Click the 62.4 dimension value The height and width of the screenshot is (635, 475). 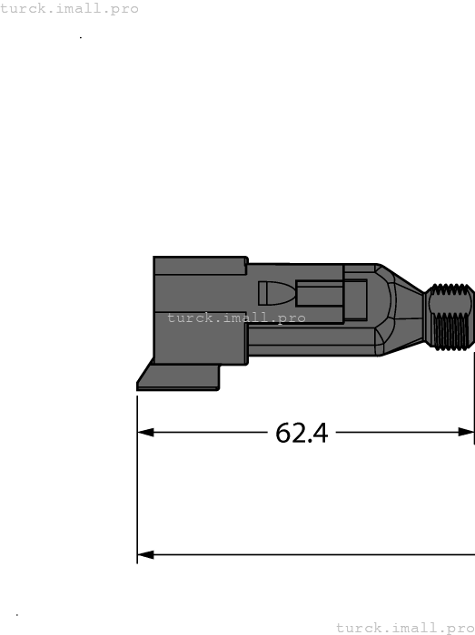[x=301, y=434]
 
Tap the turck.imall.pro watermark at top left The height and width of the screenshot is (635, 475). [x=70, y=8]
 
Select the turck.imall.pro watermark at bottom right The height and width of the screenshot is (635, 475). [x=404, y=627]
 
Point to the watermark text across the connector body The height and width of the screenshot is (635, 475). [x=236, y=318]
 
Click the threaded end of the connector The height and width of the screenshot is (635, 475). [x=450, y=317]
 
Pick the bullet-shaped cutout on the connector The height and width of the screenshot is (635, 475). [x=275, y=293]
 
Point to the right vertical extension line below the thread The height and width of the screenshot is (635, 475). [x=473, y=408]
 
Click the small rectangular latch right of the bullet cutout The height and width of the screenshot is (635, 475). [x=318, y=295]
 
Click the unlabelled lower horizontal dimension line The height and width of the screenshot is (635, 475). [x=309, y=554]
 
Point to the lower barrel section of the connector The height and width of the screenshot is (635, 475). [x=309, y=340]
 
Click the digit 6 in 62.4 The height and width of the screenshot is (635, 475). [x=282, y=434]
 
